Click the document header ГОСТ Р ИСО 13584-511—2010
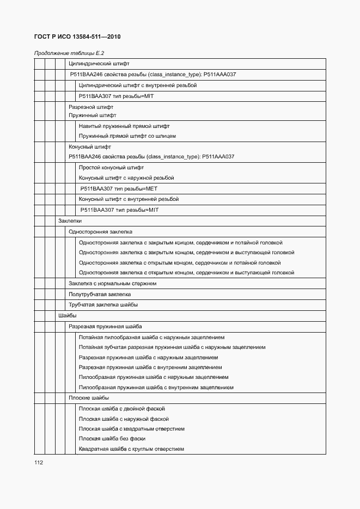coord(77,37)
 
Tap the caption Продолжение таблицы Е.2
coord(69,53)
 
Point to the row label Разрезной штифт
coord(91,107)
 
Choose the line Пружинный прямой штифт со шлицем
coord(127,136)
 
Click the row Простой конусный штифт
coord(112,168)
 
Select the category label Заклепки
coord(70,221)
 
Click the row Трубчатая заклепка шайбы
coord(103,305)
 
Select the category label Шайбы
coord(68,315)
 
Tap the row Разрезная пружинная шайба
coord(105,326)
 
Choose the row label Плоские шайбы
coord(89,398)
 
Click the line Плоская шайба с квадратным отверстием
coord(132,429)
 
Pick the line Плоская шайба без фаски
coord(112,439)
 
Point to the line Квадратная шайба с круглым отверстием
coord(131,449)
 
